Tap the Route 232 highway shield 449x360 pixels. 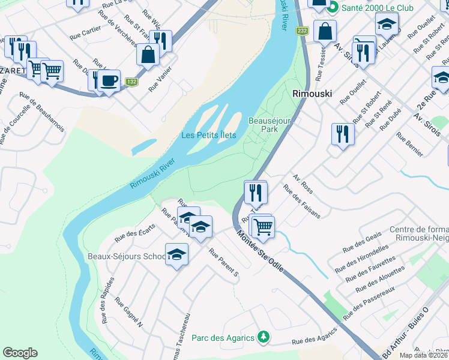click(302, 31)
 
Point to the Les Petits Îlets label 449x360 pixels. click(209, 135)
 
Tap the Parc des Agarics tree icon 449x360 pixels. click(262, 337)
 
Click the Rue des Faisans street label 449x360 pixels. click(301, 203)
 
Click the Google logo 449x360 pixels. click(20, 353)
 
